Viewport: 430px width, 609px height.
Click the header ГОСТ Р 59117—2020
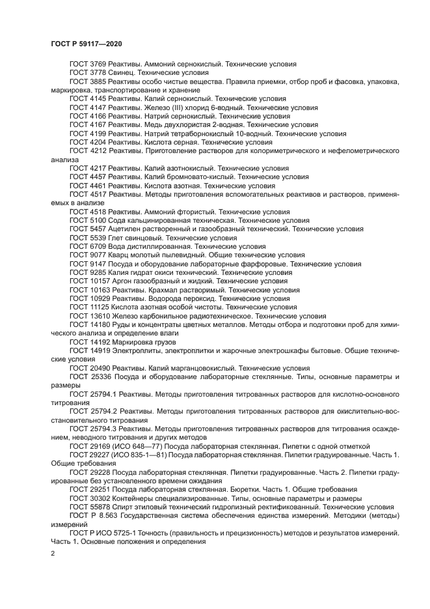[x=86, y=43]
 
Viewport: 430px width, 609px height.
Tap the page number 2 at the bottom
[x=53, y=554]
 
